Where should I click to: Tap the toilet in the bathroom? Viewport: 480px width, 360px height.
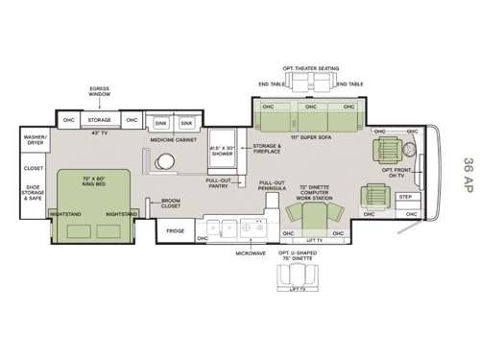coord(167,160)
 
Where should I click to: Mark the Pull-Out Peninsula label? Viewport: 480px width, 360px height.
coord(272,186)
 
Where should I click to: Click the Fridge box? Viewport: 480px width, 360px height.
coord(175,231)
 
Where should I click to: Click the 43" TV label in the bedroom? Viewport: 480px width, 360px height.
coord(99,132)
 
